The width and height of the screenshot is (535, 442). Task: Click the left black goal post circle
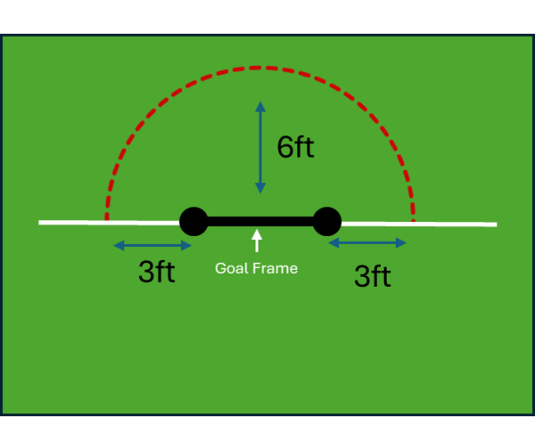(x=193, y=221)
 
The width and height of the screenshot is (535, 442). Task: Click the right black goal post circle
(x=327, y=221)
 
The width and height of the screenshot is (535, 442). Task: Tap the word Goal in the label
(x=230, y=267)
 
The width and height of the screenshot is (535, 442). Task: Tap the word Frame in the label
(x=274, y=267)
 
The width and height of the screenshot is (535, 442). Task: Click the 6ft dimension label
(x=295, y=148)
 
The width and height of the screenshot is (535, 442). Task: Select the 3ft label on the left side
(x=156, y=273)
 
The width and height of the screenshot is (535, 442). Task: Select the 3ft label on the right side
(x=372, y=276)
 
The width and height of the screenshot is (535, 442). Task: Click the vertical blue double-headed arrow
(x=260, y=148)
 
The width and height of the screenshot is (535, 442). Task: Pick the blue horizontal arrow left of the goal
(x=152, y=245)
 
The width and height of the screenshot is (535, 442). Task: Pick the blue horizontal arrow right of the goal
(x=367, y=242)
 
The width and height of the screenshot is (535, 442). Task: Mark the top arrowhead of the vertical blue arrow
(x=260, y=106)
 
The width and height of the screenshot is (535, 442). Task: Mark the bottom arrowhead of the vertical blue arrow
(x=260, y=189)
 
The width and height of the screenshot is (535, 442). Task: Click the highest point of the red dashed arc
(x=259, y=67)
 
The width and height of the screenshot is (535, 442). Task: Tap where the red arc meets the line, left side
(x=106, y=220)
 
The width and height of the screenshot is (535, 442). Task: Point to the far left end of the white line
(x=41, y=222)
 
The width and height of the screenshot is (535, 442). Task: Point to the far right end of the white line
(x=495, y=224)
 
